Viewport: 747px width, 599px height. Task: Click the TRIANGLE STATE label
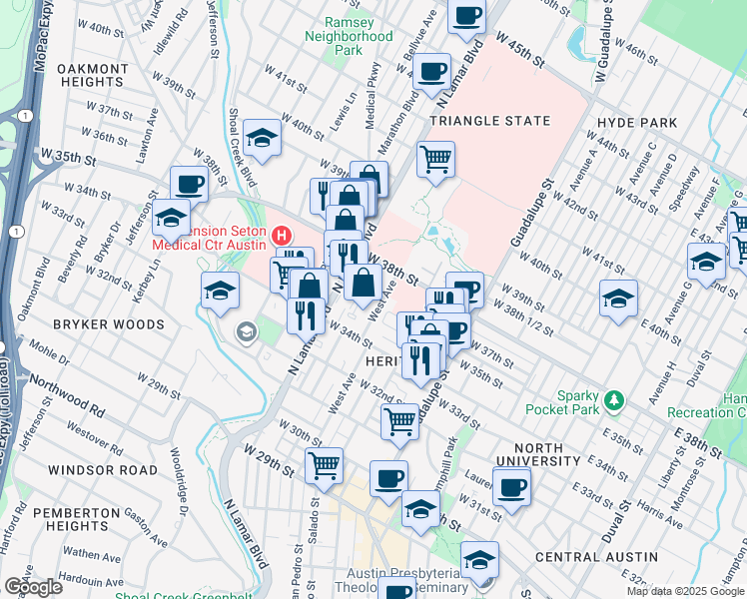click(x=489, y=121)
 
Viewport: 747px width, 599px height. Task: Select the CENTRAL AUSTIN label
click(x=596, y=556)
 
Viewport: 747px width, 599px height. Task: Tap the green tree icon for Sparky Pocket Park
click(x=615, y=400)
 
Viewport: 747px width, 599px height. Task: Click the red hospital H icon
click(x=282, y=237)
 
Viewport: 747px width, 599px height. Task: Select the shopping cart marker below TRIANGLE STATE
click(x=435, y=159)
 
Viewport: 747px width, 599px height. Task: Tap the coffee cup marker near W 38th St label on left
click(x=189, y=184)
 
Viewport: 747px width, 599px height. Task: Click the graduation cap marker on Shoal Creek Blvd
click(x=262, y=138)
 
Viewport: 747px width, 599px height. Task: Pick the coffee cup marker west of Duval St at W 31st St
click(x=511, y=487)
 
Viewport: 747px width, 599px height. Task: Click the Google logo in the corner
click(x=33, y=587)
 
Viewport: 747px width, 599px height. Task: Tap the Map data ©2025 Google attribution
click(x=685, y=591)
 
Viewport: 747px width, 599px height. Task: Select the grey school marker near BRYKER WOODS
click(x=245, y=332)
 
